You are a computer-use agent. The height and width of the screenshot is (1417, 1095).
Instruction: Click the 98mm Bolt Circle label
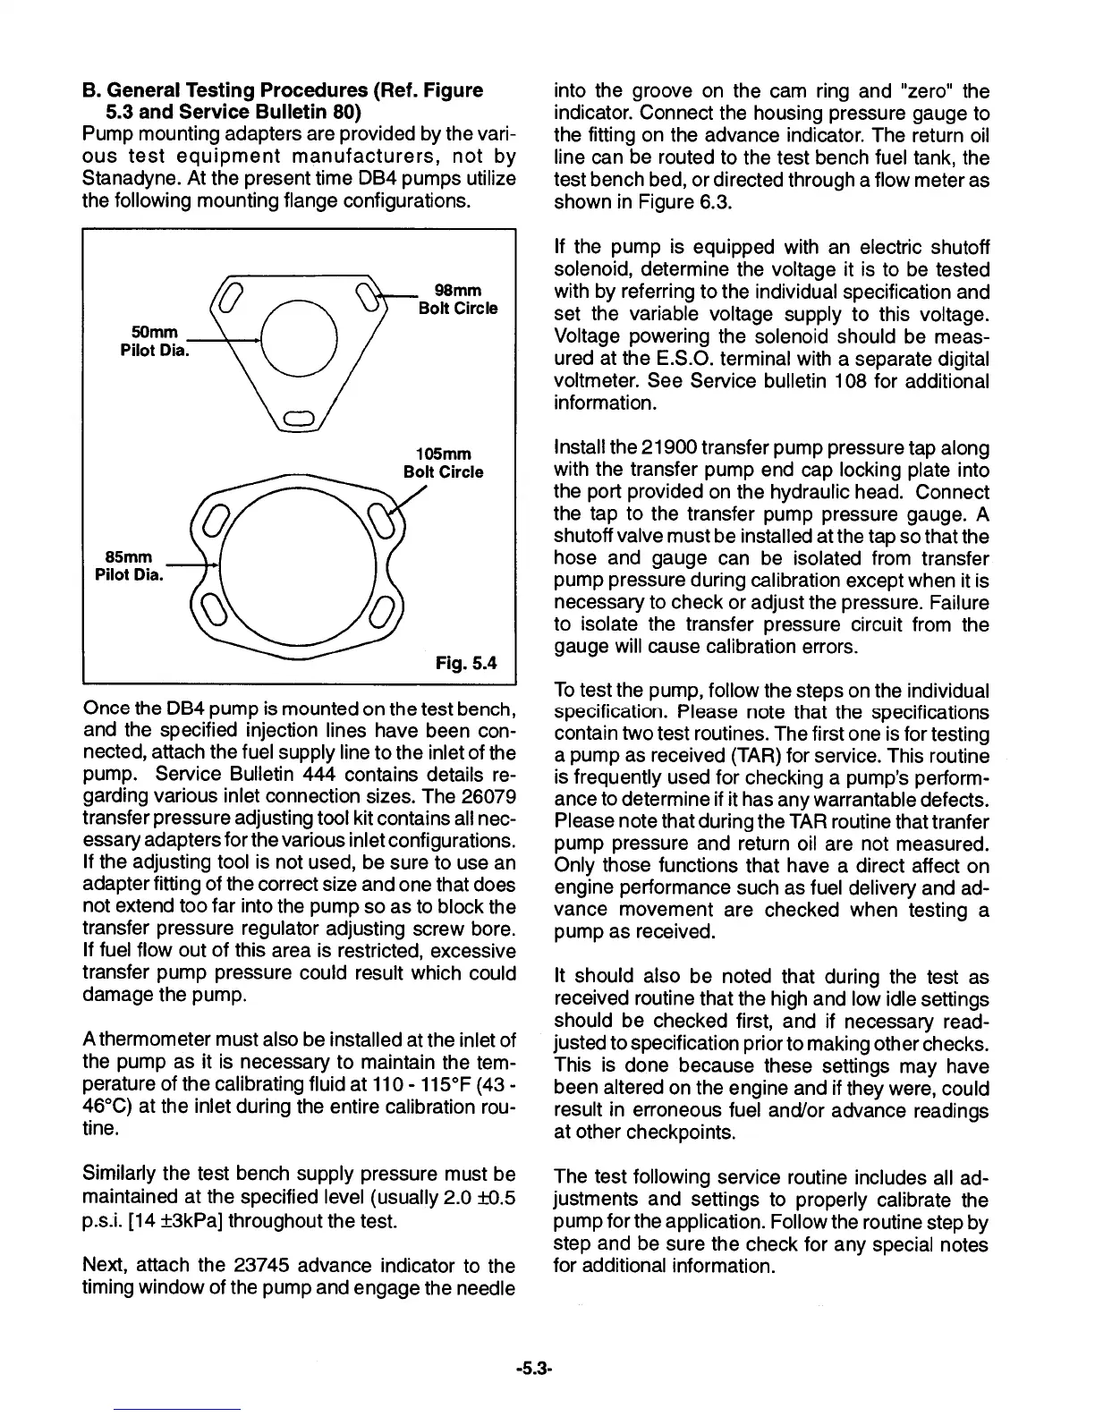pos(458,300)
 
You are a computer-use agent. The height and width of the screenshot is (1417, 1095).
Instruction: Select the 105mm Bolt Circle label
pos(444,462)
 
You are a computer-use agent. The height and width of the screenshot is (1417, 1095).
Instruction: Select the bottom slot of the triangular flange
pos(297,418)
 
